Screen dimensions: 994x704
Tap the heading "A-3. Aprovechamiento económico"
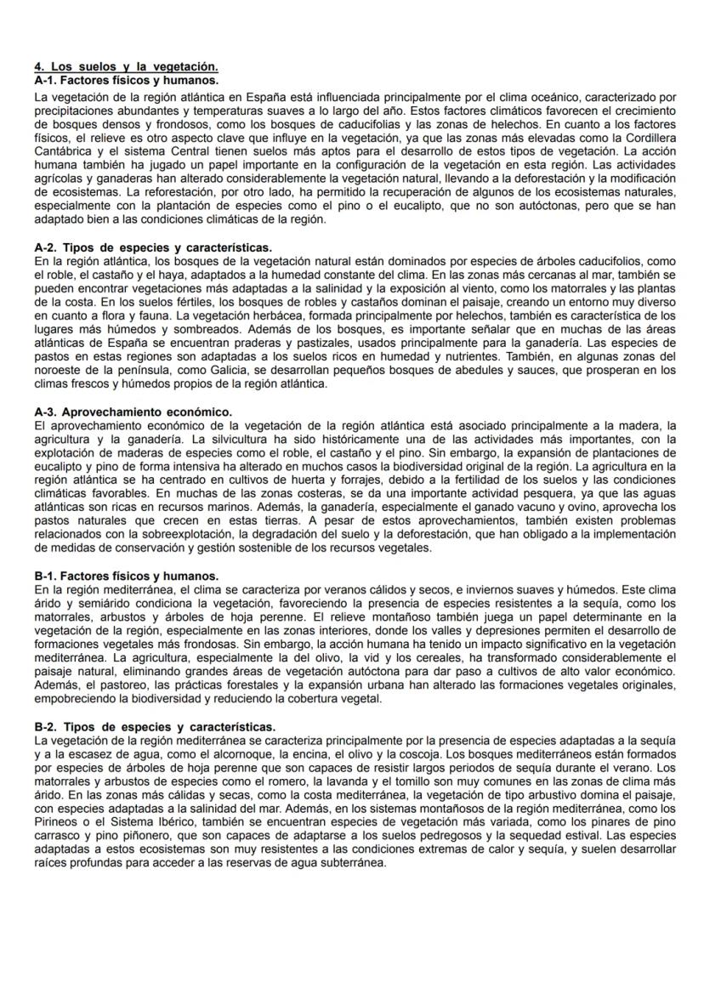pos(133,412)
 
